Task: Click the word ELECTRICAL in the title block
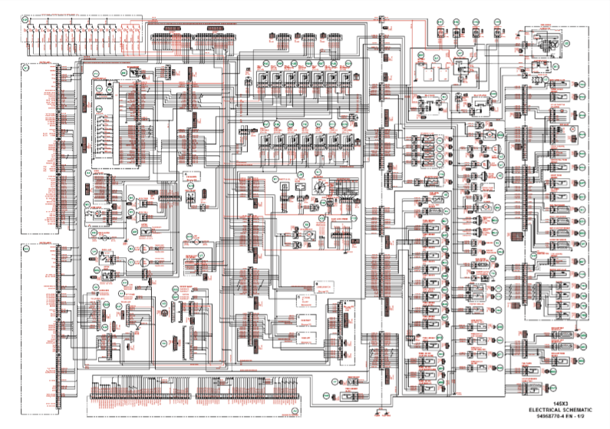[542, 411]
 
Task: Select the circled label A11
[25, 249]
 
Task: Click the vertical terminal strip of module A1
[60, 146]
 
